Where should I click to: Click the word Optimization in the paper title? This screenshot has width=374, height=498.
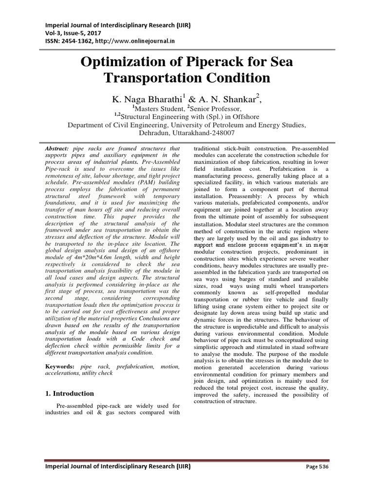coord(114,62)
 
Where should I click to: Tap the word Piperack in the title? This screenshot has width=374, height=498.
coord(219,62)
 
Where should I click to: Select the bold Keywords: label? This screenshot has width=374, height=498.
coord(60,365)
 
